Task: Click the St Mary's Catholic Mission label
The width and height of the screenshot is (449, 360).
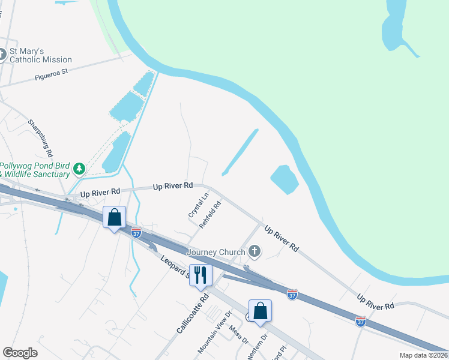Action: coord(40,55)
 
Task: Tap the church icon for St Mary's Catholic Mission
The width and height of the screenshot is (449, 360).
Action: coord(2,55)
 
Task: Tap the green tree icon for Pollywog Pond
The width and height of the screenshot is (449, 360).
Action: coord(79,170)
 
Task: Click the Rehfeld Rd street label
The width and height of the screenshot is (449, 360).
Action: coord(211,213)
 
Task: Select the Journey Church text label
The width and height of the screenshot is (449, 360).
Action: coord(216,252)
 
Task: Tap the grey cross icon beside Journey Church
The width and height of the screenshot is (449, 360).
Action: coord(255,251)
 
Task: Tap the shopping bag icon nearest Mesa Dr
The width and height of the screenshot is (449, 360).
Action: coord(260,311)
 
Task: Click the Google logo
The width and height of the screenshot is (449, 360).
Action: coord(20,353)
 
